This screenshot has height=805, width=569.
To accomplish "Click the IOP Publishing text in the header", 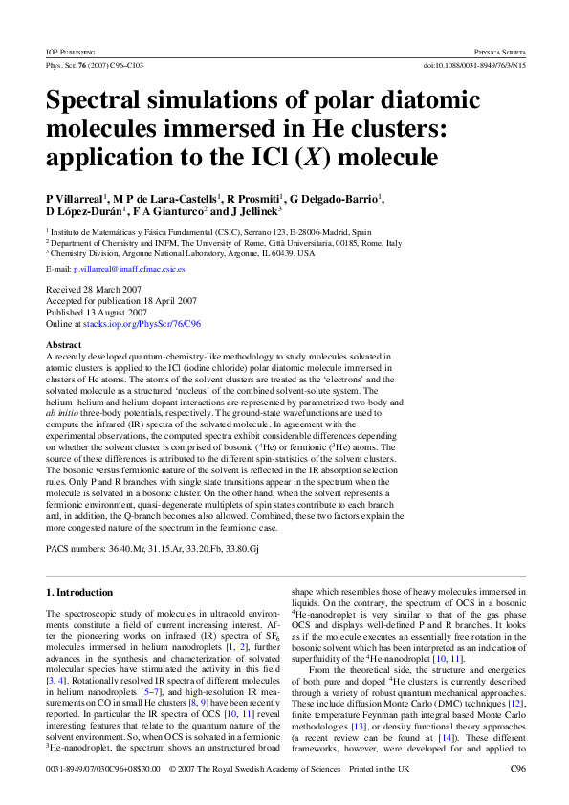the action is point(69,49).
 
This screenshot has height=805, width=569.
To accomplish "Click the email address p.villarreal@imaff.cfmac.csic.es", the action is point(129,270).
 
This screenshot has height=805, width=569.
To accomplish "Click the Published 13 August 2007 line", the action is point(97,313).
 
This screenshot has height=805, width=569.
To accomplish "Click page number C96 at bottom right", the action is point(517,769).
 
